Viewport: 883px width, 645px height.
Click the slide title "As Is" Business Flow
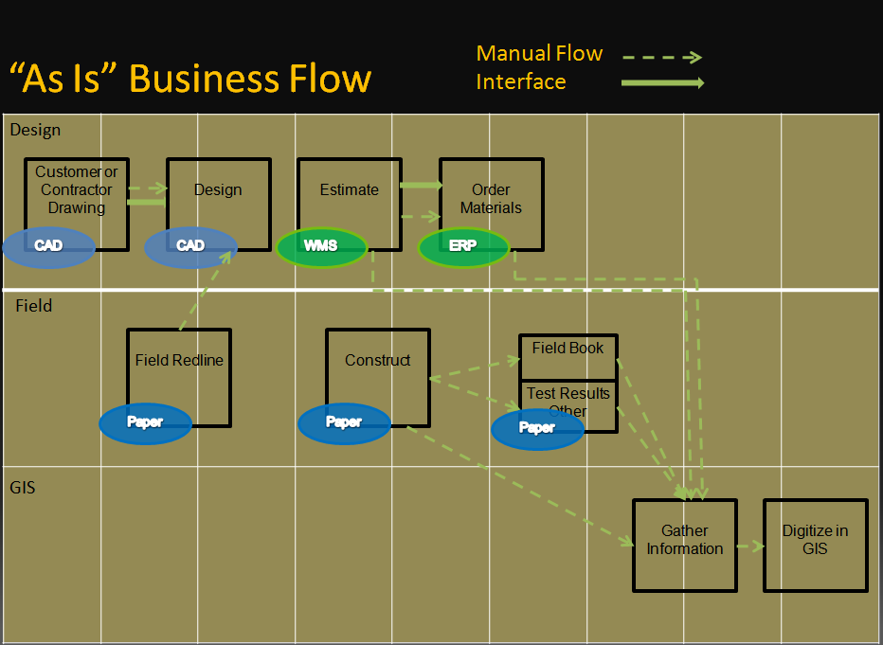pyautogui.click(x=189, y=79)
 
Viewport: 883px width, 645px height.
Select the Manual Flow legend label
pyautogui.click(x=539, y=54)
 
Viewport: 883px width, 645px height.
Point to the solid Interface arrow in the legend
pyautogui.click(x=662, y=83)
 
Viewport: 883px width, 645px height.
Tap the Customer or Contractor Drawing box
pyautogui.click(x=77, y=190)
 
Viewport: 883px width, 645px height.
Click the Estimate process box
pyautogui.click(x=349, y=190)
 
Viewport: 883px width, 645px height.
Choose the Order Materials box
pyautogui.click(x=491, y=199)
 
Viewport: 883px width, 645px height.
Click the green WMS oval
pyautogui.click(x=321, y=246)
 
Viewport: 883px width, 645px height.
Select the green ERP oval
pyautogui.click(x=463, y=246)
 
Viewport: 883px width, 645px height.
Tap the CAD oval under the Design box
pyautogui.click(x=190, y=246)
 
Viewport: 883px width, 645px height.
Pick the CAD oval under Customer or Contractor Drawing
pyautogui.click(x=48, y=246)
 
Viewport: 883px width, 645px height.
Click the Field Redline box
pyautogui.click(x=179, y=361)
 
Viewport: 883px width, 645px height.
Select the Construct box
pyautogui.click(x=377, y=361)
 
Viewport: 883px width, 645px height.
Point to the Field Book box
pyautogui.click(x=568, y=349)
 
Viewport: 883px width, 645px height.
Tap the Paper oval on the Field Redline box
pyautogui.click(x=145, y=422)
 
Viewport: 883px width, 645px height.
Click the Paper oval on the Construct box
pyautogui.click(x=344, y=422)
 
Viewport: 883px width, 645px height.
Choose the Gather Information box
pyautogui.click(x=684, y=541)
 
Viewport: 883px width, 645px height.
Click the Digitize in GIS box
pyautogui.click(x=815, y=541)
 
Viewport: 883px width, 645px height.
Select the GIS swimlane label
pyautogui.click(x=23, y=488)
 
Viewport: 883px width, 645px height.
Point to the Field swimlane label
pyautogui.click(x=33, y=306)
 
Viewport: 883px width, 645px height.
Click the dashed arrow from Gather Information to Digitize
pyautogui.click(x=750, y=546)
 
